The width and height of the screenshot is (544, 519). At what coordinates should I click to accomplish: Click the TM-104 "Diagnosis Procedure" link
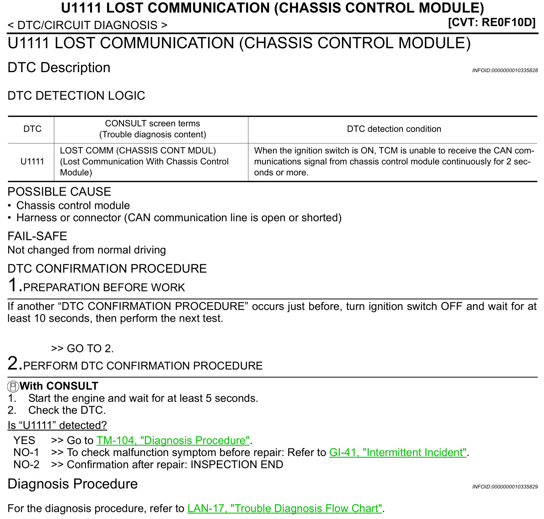click(x=173, y=440)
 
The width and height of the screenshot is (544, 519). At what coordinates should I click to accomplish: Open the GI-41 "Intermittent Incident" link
click(x=398, y=452)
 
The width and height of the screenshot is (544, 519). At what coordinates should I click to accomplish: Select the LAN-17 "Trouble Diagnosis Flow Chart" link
click(x=285, y=508)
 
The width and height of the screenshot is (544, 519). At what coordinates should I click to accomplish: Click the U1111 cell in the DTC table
click(x=32, y=161)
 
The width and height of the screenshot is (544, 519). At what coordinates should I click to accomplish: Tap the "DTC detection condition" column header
click(x=394, y=129)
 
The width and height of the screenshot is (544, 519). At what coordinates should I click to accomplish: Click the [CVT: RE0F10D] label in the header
click(x=492, y=22)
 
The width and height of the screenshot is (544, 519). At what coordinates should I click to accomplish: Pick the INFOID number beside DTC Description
click(x=505, y=71)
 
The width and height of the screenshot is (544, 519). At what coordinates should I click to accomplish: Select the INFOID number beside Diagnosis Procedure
click(x=505, y=487)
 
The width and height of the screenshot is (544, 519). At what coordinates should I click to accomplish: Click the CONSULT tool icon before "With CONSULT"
click(x=13, y=386)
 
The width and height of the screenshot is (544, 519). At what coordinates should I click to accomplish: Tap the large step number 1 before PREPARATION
click(x=13, y=285)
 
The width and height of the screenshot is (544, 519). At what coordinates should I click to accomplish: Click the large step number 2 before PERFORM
click(x=13, y=364)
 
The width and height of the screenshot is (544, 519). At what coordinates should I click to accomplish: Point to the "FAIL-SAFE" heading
click(x=37, y=236)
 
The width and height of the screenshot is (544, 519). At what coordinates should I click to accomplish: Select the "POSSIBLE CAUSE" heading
click(x=59, y=192)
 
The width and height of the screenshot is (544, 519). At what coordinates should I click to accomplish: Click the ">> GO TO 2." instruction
click(x=82, y=348)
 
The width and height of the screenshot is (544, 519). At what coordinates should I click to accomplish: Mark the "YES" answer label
click(x=24, y=440)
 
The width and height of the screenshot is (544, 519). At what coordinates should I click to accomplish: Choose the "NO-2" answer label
click(x=26, y=464)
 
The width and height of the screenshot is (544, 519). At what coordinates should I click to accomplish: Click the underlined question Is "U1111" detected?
click(x=57, y=425)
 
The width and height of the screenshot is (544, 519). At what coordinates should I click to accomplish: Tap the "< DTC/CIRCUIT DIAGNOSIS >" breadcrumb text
click(x=87, y=25)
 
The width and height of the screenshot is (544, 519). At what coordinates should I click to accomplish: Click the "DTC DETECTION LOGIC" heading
click(x=76, y=96)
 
